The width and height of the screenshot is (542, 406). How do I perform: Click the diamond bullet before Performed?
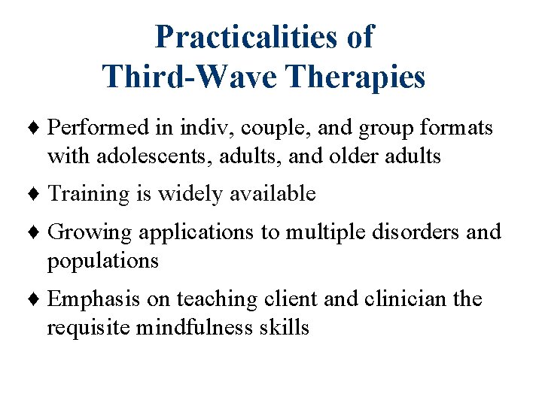pos(38,129)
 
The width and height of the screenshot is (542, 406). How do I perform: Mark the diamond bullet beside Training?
pos(38,195)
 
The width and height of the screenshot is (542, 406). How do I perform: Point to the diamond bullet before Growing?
pos(38,233)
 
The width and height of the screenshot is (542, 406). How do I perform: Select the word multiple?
pos(326,233)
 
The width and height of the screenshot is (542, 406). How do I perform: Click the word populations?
pos(103,261)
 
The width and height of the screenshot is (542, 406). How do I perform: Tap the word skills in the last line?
pos(285,327)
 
